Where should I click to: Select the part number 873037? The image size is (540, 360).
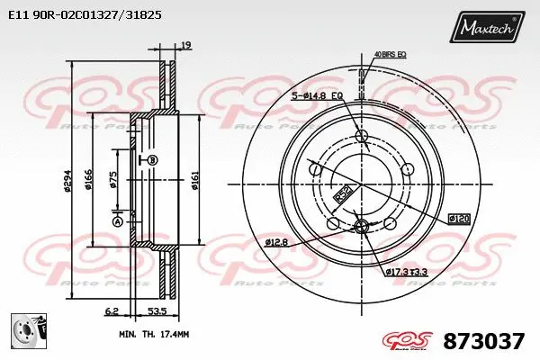click(484, 342)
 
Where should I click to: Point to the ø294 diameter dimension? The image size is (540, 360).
click(67, 184)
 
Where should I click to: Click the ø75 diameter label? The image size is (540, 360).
click(113, 180)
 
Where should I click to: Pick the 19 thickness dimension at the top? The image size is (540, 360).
click(185, 44)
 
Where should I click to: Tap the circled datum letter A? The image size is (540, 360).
click(117, 221)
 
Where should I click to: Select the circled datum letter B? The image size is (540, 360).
click(152, 160)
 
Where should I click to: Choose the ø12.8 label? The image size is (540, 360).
click(276, 240)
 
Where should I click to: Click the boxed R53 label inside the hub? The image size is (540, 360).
click(342, 192)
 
